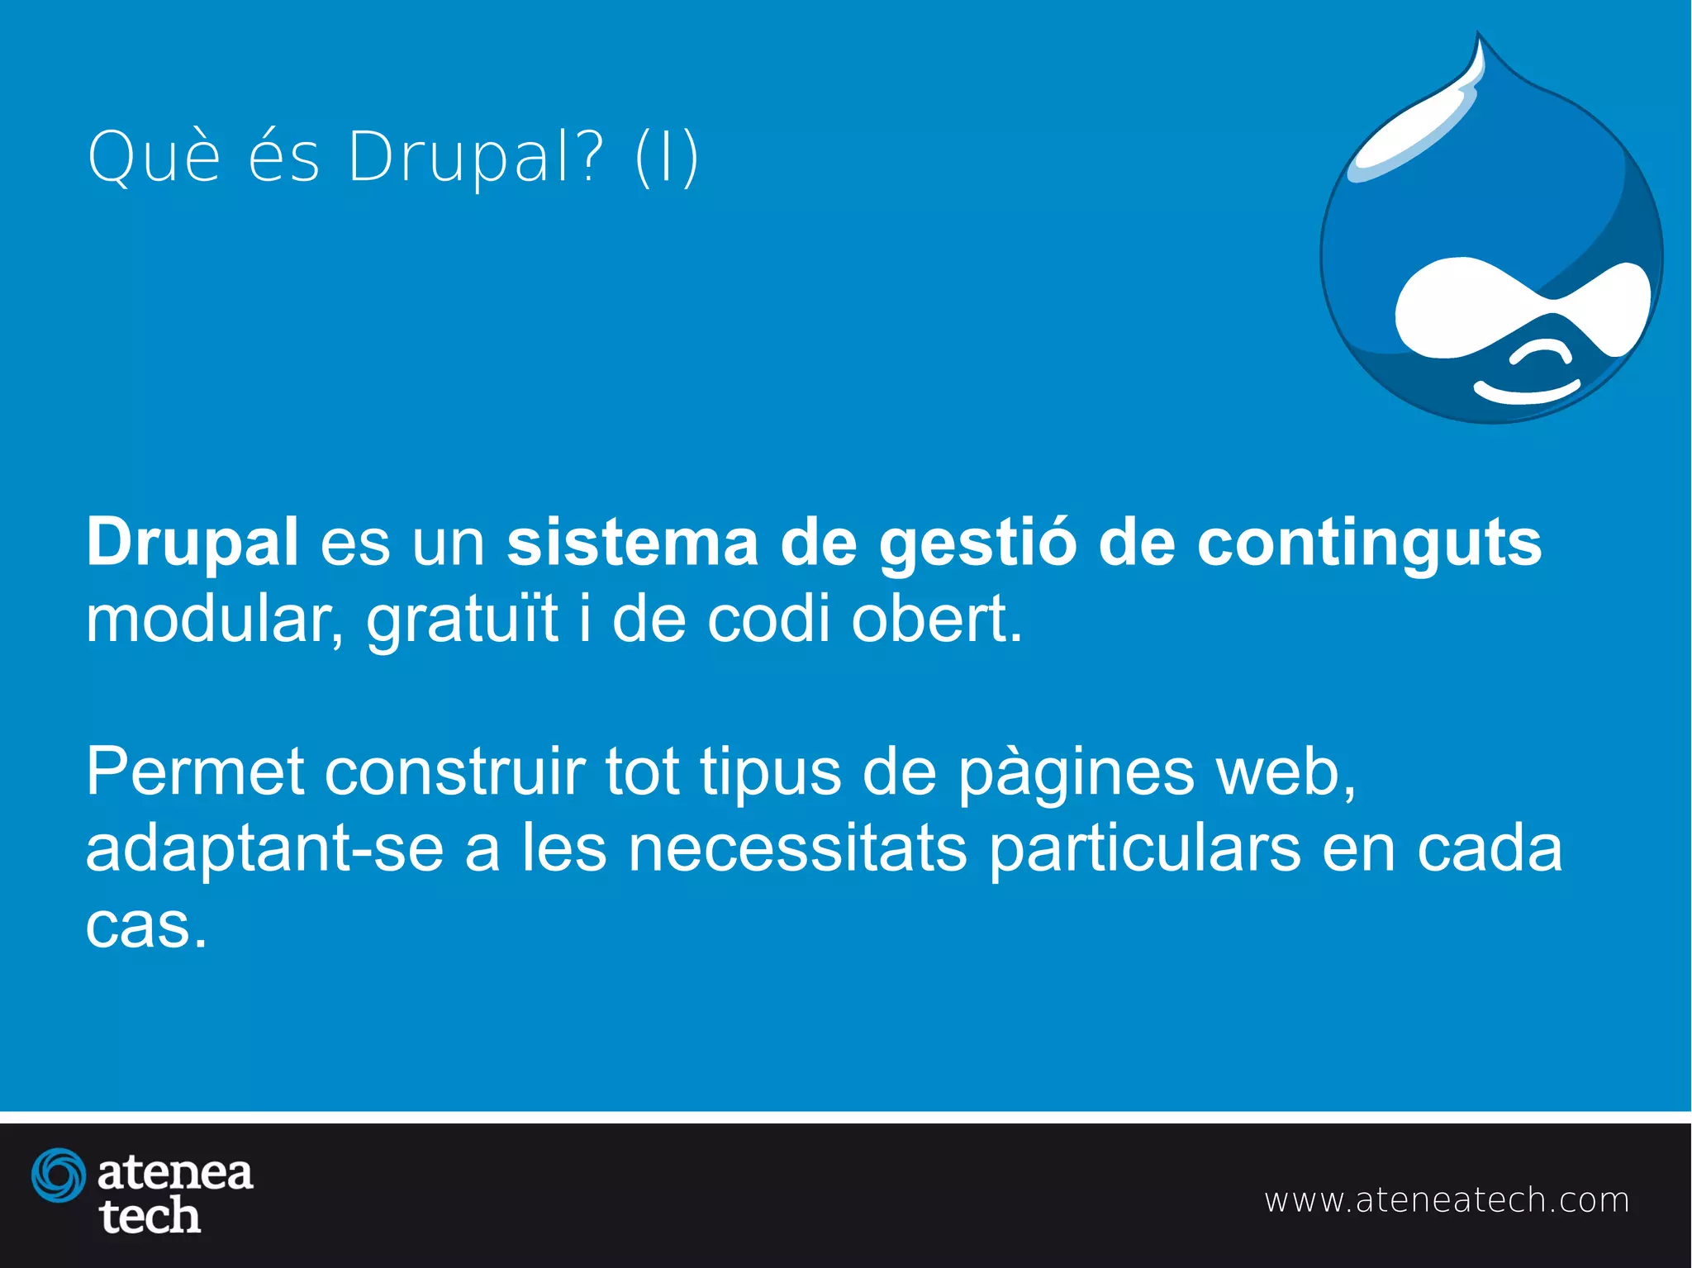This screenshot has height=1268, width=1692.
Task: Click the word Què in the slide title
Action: point(154,156)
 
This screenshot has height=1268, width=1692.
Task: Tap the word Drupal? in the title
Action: point(475,158)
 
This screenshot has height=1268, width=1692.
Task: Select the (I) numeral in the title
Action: point(667,158)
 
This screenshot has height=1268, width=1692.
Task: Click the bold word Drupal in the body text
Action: point(192,542)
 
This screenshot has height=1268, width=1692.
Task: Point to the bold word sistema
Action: point(632,542)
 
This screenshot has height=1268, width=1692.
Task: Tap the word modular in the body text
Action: point(214,620)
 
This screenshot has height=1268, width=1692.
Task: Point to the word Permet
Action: point(195,772)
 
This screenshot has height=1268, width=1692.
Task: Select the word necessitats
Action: point(797,848)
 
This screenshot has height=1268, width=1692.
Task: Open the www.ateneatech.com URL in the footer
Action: point(1447,1200)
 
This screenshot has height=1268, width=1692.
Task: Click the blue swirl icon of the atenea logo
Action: point(59,1175)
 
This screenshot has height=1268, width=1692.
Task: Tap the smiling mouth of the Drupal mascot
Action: point(1526,392)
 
